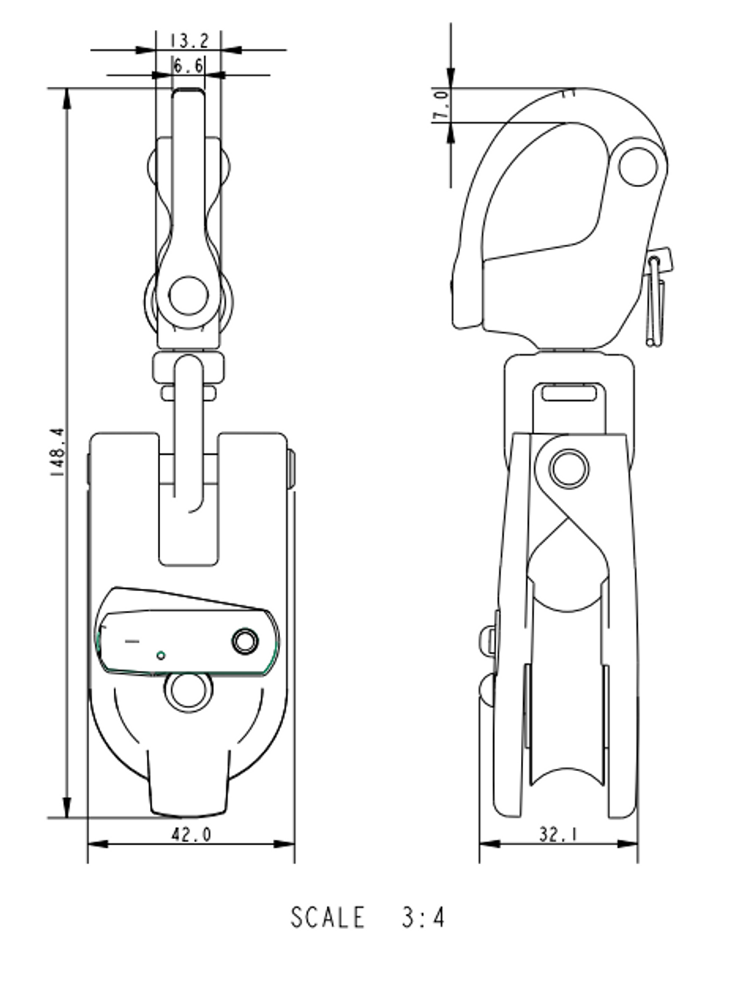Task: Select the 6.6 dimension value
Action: point(189,67)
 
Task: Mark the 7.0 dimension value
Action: point(440,105)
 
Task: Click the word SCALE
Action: point(327,917)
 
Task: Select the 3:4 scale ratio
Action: point(422,917)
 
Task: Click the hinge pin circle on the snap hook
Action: point(638,166)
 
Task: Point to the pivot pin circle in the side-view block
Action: point(569,469)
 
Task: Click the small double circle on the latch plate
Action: point(245,641)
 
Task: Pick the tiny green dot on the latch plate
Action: point(161,656)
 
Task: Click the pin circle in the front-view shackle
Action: point(189,296)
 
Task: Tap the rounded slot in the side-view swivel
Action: point(569,393)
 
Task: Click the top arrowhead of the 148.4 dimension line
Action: point(68,97)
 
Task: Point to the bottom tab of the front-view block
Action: point(189,785)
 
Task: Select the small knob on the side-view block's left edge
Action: point(487,640)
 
